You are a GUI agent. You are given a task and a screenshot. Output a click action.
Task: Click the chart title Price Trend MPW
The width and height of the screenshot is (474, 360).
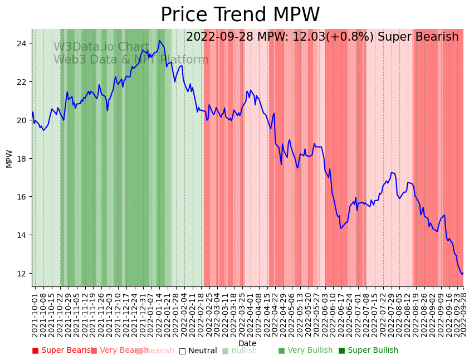(x=240, y=15)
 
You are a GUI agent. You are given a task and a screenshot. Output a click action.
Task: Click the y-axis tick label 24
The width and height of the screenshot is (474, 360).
(x=22, y=43)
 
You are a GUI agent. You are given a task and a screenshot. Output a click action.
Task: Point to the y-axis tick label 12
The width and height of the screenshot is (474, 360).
(x=22, y=274)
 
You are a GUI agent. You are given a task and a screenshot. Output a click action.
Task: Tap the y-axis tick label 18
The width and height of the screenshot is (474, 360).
(x=22, y=159)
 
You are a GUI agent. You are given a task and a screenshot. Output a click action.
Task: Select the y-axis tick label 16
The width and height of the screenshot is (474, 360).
(x=22, y=197)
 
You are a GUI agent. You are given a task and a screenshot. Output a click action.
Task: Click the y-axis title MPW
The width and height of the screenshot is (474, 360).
(x=9, y=158)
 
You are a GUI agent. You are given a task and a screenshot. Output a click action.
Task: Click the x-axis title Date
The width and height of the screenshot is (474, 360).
(x=247, y=343)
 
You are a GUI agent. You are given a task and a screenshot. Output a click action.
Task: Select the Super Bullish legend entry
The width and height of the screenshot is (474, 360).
(x=368, y=351)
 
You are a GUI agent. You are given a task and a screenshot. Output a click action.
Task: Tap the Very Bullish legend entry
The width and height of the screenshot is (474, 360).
(x=305, y=351)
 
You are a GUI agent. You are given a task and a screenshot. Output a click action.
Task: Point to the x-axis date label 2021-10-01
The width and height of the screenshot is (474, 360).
(x=35, y=314)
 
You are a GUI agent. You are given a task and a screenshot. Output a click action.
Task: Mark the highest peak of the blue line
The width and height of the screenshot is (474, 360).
(x=159, y=41)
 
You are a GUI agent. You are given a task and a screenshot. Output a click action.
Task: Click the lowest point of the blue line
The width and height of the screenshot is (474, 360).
(x=462, y=274)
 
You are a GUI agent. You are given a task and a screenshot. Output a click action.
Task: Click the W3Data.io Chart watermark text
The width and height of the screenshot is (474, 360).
(x=101, y=47)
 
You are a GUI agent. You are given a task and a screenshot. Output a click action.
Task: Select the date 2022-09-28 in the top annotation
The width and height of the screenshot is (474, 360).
(x=218, y=37)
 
